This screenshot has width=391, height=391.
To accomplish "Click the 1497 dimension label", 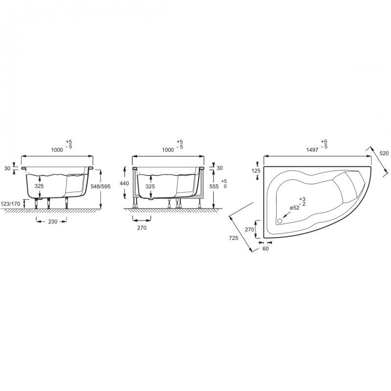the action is tap(312, 150).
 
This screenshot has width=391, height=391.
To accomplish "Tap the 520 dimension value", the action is tap(384, 153).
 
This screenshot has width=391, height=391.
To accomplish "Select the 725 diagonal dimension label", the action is tap(234, 238).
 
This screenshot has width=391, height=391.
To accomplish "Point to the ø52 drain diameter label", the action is tap(295, 208).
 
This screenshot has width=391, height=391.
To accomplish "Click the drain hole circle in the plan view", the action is tap(280, 221).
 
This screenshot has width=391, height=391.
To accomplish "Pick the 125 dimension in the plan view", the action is tap(256, 171).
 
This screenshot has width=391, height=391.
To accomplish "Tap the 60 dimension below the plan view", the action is tap(265, 249).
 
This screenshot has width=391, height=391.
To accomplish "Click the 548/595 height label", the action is tap(101, 186).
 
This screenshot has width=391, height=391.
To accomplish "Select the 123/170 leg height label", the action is tap(10, 204).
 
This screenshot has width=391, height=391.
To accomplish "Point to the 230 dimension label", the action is tap(53, 221).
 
